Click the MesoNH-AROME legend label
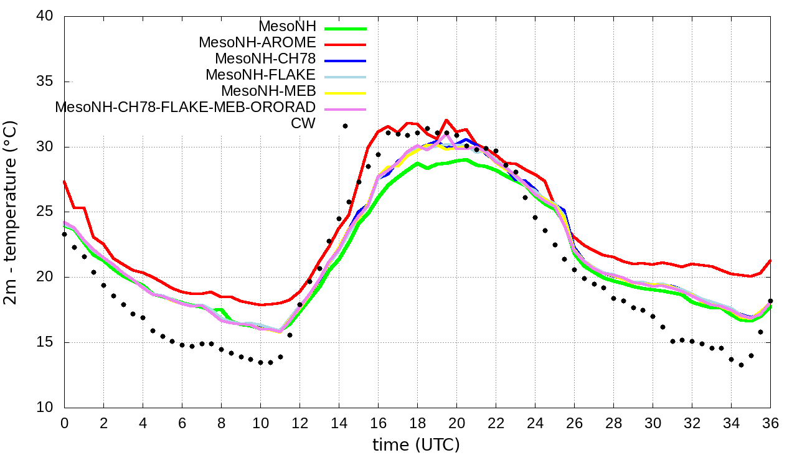click(257, 42)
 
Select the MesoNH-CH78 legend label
click(265, 59)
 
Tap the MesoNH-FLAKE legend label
click(261, 75)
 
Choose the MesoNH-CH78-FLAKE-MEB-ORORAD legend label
click(186, 107)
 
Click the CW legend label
click(303, 123)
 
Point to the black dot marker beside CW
click(345, 126)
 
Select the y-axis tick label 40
click(45, 17)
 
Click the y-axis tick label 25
click(45, 212)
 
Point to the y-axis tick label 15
click(45, 343)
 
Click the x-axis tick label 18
click(417, 422)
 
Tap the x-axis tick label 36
click(770, 422)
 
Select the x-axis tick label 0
click(64, 422)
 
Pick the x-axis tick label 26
click(574, 422)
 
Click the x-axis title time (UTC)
click(416, 445)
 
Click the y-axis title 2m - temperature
click(11, 212)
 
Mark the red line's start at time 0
click(64, 181)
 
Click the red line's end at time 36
click(770, 261)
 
